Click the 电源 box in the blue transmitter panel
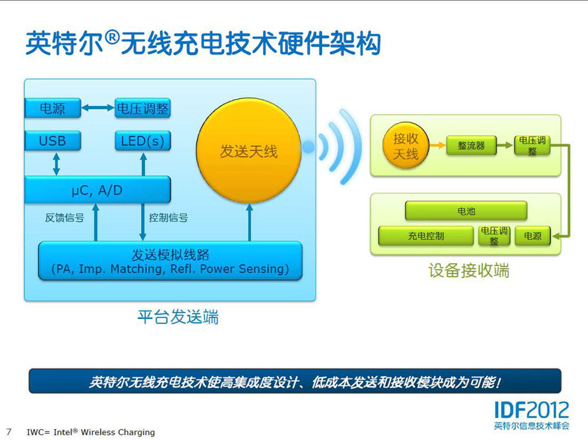point(52,108)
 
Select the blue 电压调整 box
point(142,108)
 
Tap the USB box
point(52,141)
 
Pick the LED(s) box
point(142,141)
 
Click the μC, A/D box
point(97,190)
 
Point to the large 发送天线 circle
point(248,151)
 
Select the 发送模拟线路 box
point(171,261)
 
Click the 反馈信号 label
point(65,218)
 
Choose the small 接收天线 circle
point(405,146)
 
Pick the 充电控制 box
point(426,236)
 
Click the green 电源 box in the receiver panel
point(533,236)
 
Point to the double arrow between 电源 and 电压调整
point(98,108)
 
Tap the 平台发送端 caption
point(178,318)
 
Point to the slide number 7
point(9,432)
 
